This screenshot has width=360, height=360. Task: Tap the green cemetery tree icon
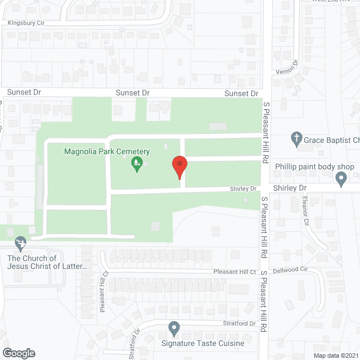(136, 164)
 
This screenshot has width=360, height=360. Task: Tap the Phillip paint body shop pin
(340, 179)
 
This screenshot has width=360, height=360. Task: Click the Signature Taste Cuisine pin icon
(174, 328)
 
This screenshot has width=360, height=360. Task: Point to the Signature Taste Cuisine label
(195, 343)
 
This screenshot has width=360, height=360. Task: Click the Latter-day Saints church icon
(21, 244)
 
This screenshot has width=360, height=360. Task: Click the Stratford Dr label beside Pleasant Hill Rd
(240, 323)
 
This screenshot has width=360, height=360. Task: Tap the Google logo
(18, 353)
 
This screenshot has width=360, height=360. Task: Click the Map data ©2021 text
(335, 355)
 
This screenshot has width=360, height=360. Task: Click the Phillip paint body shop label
(314, 167)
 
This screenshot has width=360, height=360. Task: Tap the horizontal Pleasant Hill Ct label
(235, 272)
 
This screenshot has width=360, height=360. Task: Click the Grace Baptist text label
(332, 140)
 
